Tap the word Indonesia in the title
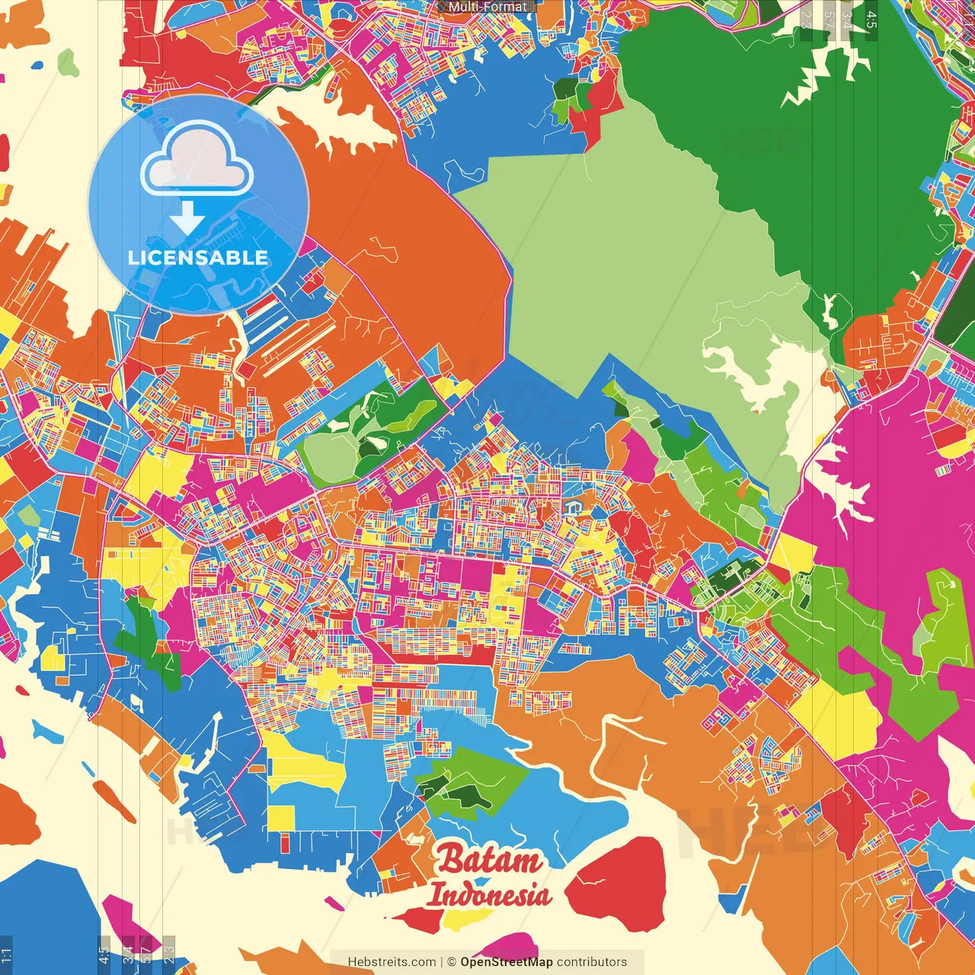point(489,894)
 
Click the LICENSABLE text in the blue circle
point(198,257)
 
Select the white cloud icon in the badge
point(197,160)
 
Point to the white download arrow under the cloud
point(187,219)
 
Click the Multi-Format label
point(487,7)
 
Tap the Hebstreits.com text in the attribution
point(392,962)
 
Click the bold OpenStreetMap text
point(507,962)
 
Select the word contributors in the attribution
point(592,962)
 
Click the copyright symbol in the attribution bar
point(452,962)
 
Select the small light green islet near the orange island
point(69,62)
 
